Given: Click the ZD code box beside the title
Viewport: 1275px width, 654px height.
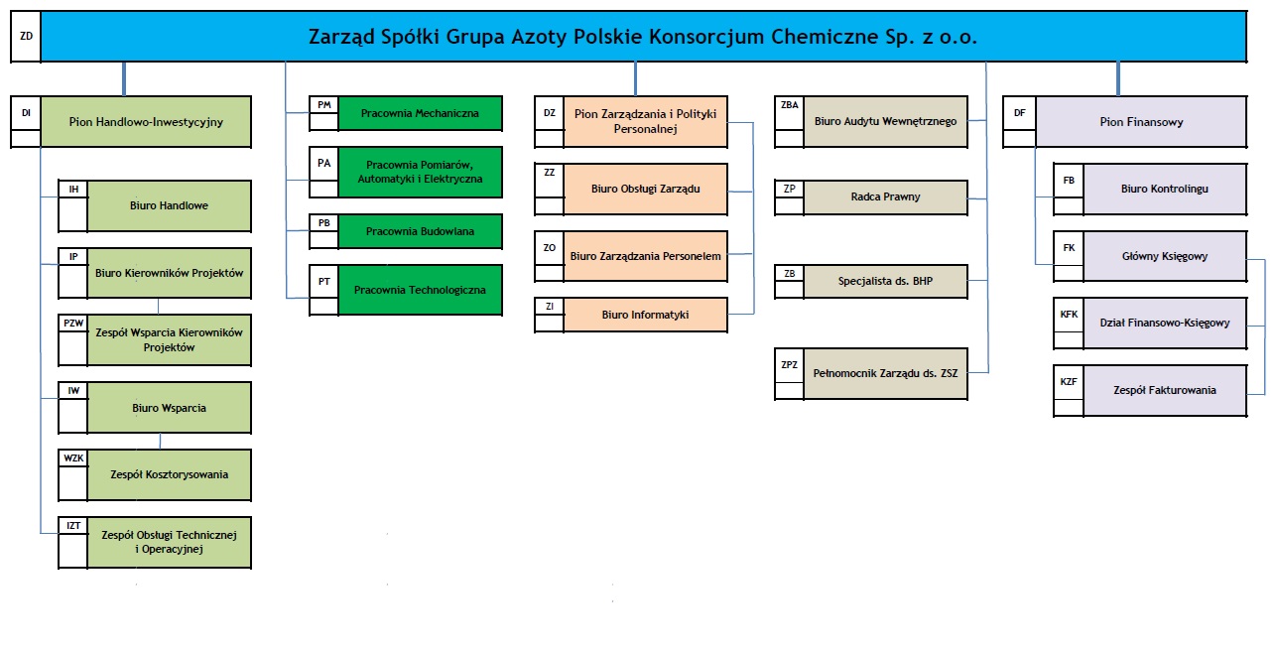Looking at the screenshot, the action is pos(26,36).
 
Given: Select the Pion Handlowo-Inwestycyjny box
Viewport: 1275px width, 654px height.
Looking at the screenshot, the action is pos(146,122).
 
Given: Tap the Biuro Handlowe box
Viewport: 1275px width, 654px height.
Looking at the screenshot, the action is pos(169,205).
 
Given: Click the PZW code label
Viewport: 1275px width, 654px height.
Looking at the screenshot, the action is pos(73,324).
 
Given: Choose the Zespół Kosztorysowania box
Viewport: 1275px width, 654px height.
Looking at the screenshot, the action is pos(169,474).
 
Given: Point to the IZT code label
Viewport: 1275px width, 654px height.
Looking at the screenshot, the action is pos(73,525).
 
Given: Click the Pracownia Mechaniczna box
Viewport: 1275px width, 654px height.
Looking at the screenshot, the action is pos(420,113).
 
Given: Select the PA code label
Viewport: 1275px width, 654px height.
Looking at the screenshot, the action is pos(323,164).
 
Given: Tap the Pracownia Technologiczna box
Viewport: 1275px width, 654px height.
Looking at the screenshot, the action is pos(420,290).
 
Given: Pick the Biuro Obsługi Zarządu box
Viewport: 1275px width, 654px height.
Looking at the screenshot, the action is pos(646,189).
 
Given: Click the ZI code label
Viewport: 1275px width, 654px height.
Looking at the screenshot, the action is pos(550,307).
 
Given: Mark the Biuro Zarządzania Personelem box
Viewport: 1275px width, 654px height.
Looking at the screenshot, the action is pos(646,256).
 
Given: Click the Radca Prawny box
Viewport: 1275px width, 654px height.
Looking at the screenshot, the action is pos(885,196).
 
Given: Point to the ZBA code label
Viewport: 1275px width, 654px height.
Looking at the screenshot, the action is pos(790,105).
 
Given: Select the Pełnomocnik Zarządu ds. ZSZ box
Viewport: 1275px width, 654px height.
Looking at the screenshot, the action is pos(885,373).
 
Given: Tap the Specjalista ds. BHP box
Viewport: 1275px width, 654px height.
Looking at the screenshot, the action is pos(885,281).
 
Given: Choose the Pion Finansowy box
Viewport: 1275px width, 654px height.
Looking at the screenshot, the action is pos(1141,122).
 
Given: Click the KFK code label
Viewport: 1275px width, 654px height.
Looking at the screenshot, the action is pos(1069,315).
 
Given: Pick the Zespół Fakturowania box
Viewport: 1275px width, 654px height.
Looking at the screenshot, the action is pos(1165,390).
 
